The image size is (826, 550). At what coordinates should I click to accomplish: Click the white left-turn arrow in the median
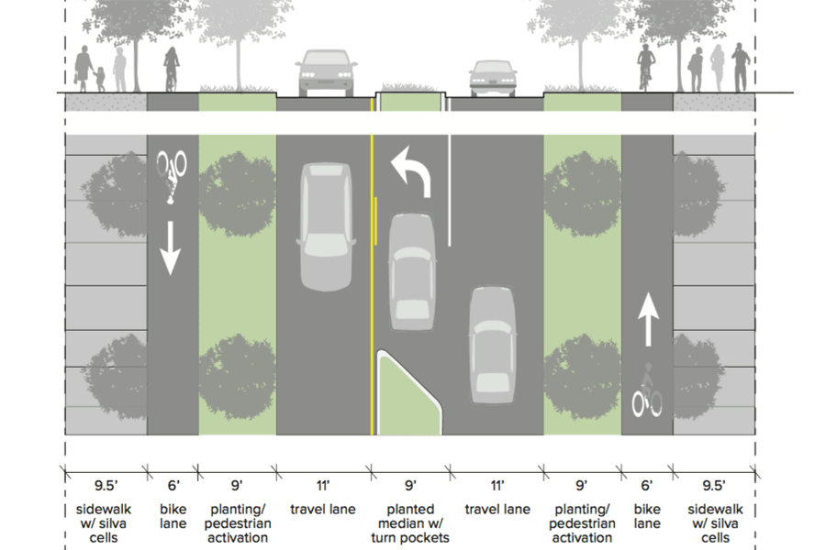click(411, 172)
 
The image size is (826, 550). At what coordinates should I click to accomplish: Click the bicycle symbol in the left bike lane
click(172, 174)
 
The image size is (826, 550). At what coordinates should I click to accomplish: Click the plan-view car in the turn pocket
click(411, 269)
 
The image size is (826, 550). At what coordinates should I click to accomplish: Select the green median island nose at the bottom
click(407, 394)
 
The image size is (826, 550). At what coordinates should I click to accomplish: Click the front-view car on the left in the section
click(325, 73)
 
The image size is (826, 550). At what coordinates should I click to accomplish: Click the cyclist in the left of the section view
click(171, 68)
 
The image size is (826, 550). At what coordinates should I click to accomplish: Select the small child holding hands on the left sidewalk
click(99, 79)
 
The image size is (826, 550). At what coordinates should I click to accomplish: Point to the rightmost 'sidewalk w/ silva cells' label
click(715, 522)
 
